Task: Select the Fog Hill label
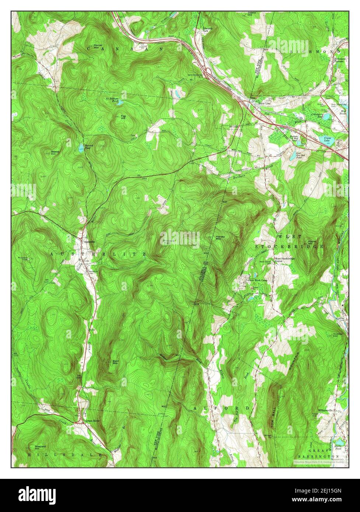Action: point(124,117)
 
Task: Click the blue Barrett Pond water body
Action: point(81,149)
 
